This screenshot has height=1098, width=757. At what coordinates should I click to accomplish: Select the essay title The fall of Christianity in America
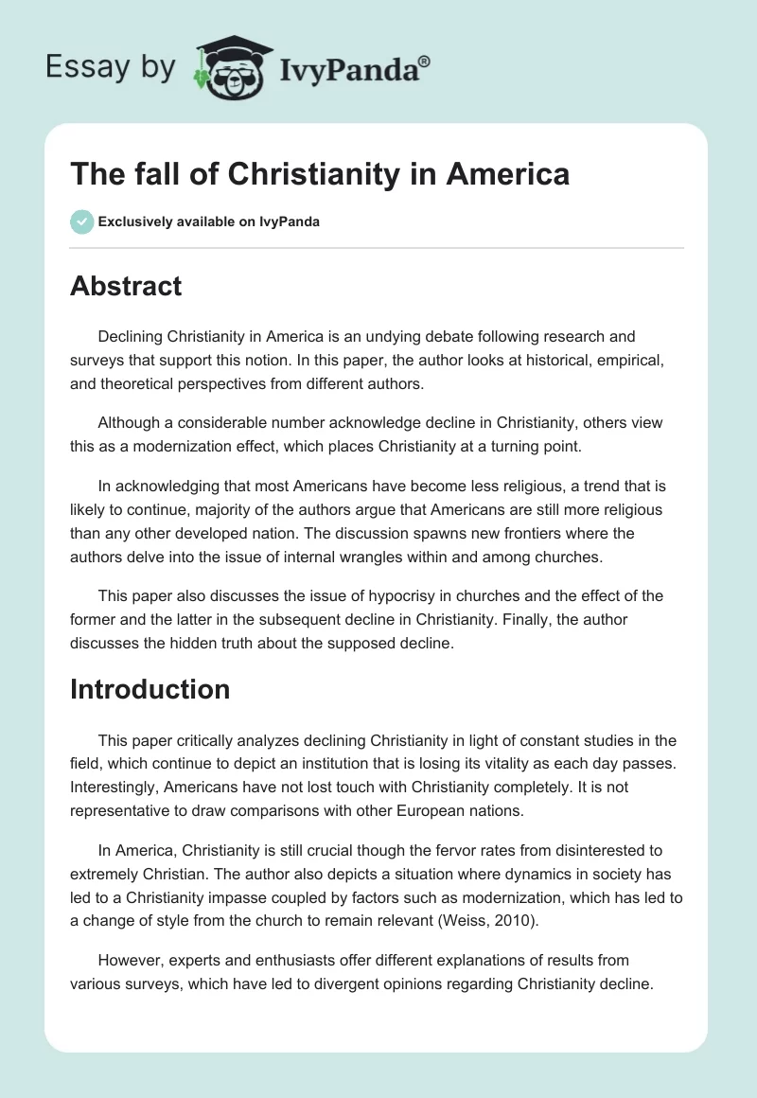tap(320, 175)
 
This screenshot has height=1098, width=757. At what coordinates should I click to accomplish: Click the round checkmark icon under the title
tap(80, 221)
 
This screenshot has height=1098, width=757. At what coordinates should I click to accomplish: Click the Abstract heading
tap(126, 286)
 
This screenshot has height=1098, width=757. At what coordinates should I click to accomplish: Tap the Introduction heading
tap(150, 689)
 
